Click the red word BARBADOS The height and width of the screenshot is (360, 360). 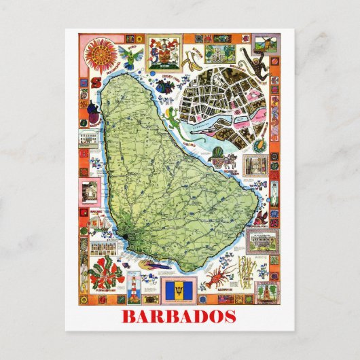179,317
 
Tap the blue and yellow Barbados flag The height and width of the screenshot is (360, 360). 179,291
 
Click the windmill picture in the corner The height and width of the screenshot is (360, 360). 266,291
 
